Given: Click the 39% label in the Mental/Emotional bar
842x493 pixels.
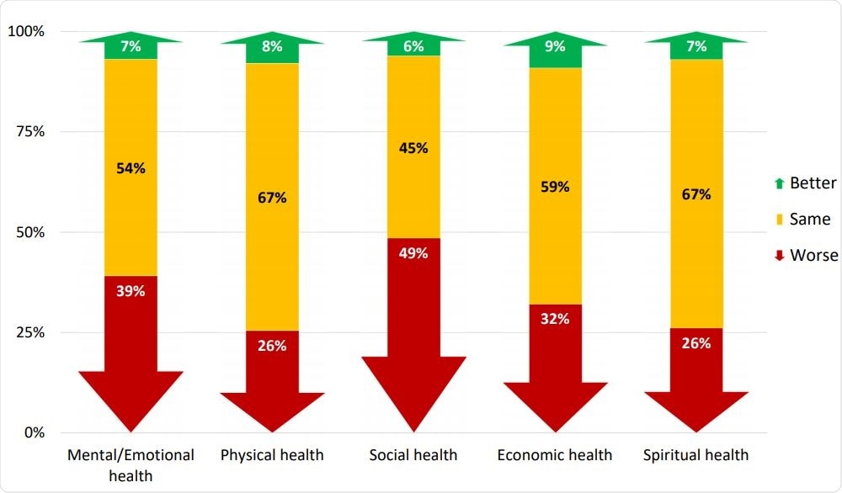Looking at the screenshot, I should pyautogui.click(x=131, y=291).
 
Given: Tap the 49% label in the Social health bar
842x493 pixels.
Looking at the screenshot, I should pyautogui.click(x=413, y=253).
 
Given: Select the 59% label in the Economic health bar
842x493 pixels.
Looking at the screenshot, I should pyautogui.click(x=555, y=187).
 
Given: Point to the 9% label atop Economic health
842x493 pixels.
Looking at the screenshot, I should pyautogui.click(x=555, y=48).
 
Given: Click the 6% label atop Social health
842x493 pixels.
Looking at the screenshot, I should pyautogui.click(x=413, y=47).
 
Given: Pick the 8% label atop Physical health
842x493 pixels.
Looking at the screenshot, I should pyautogui.click(x=272, y=47).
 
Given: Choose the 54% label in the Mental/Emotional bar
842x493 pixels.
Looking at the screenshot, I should pyautogui.click(x=131, y=167).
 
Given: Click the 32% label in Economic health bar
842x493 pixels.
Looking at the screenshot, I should pyautogui.click(x=555, y=318).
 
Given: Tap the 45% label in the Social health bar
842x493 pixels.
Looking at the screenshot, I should pyautogui.click(x=413, y=148).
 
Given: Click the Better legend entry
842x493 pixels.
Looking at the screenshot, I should pyautogui.click(x=806, y=183).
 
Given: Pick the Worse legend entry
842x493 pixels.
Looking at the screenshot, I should pyautogui.click(x=806, y=255).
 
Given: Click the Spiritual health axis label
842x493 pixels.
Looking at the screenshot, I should pyautogui.click(x=695, y=455).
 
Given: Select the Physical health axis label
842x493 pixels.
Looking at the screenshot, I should pyautogui.click(x=272, y=455).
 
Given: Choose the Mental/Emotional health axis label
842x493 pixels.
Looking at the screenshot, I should pyautogui.click(x=131, y=464).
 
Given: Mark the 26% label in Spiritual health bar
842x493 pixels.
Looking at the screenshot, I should pyautogui.click(x=696, y=343).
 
